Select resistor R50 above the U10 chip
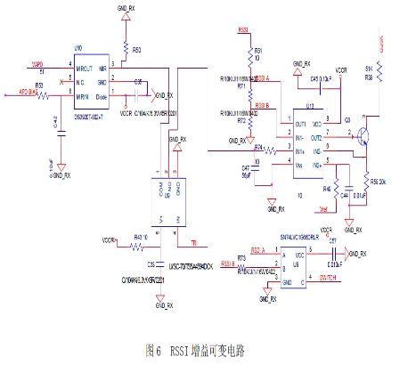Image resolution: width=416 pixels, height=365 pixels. click(126, 48)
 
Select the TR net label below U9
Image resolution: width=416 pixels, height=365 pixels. click(193, 241)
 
